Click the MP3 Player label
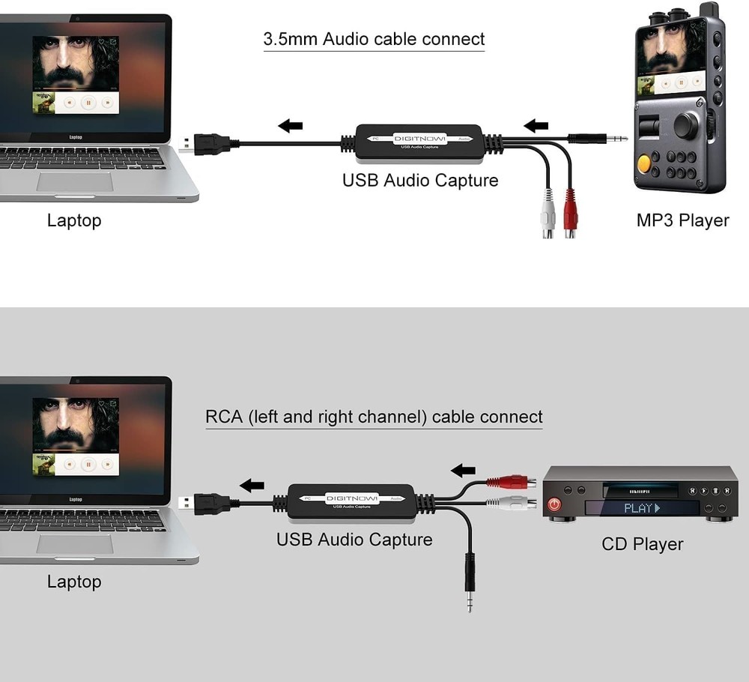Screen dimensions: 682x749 [682, 220]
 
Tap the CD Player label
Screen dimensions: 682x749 [642, 544]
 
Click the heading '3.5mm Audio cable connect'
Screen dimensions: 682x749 [374, 39]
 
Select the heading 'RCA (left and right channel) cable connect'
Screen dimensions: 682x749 [374, 417]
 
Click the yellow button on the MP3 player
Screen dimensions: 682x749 [643, 163]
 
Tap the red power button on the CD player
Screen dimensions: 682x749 [554, 504]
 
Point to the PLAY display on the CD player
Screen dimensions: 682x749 [641, 508]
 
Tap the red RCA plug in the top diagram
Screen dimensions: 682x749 [570, 214]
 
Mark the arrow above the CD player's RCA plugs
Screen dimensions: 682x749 [463, 470]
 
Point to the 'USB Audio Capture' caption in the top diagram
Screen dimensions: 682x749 [420, 180]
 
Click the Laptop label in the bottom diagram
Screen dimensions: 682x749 [73, 581]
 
